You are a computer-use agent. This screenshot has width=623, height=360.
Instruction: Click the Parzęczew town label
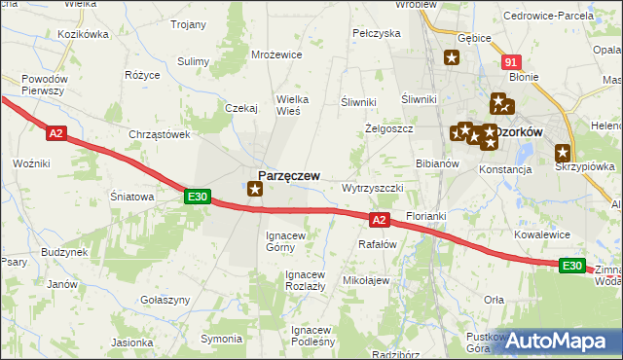click(x=289, y=174)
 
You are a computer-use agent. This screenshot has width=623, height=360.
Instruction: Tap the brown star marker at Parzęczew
click(x=255, y=189)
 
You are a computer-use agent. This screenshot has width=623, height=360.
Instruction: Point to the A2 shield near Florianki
click(x=380, y=220)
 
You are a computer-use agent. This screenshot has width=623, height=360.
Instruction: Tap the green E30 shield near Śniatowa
click(x=198, y=197)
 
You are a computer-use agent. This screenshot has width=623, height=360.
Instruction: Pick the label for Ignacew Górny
click(x=286, y=241)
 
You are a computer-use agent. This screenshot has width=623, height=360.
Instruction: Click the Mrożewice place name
click(x=275, y=55)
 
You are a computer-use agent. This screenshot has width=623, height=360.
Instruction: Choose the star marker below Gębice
click(x=451, y=58)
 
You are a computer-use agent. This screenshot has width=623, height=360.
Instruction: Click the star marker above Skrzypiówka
click(x=563, y=152)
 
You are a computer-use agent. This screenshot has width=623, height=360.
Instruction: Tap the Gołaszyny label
click(x=165, y=300)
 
